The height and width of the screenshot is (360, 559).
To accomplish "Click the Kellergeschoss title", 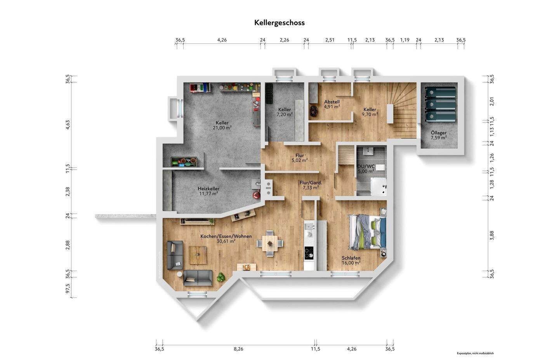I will [x=279, y=23].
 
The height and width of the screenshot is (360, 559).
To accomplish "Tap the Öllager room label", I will [x=438, y=135].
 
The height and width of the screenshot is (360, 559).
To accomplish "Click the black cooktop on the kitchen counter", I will [x=309, y=253].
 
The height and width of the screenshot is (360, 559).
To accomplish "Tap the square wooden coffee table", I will [x=198, y=255].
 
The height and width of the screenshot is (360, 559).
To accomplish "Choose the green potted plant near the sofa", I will [x=221, y=277].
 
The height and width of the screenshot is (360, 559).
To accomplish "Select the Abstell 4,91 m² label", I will [x=332, y=104].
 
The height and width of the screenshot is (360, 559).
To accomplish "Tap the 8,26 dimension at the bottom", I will [x=238, y=349].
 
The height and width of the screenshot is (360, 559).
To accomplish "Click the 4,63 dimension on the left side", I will [x=68, y=124].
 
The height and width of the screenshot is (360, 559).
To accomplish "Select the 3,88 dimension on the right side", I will [x=491, y=236].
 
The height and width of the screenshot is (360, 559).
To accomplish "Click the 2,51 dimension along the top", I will [x=330, y=40].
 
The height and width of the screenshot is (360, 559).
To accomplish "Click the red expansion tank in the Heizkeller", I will [x=256, y=195].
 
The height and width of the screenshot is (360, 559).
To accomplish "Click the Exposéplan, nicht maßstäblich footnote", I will [x=475, y=353].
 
